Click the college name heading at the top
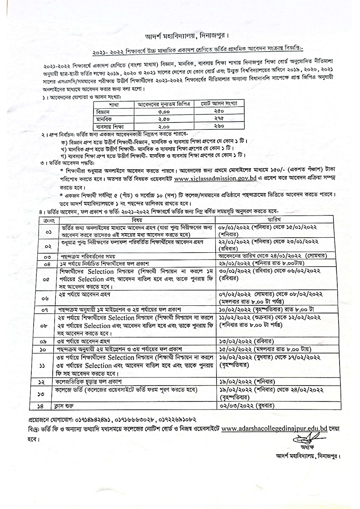(180, 35)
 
